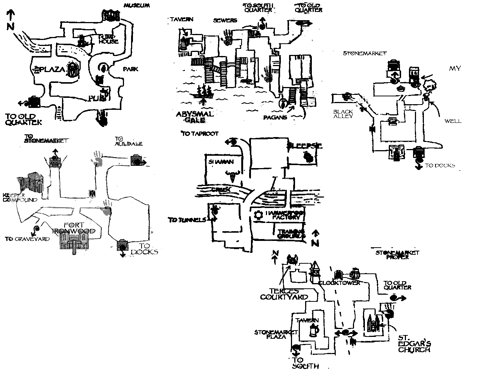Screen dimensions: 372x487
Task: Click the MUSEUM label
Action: click(x=137, y=6)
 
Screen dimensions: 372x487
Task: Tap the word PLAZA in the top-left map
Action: click(x=49, y=69)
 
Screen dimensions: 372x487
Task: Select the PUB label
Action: click(x=97, y=98)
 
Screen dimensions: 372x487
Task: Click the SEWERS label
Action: click(x=225, y=20)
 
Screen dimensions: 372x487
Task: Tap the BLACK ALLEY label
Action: click(x=343, y=114)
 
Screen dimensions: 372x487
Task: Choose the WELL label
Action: click(x=453, y=121)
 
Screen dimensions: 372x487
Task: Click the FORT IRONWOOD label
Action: click(x=75, y=228)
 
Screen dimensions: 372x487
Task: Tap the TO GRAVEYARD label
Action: click(x=27, y=239)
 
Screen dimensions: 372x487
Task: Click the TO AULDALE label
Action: click(x=129, y=141)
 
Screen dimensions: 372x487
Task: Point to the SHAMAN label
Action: click(x=222, y=162)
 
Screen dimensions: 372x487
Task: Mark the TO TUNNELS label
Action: click(x=187, y=220)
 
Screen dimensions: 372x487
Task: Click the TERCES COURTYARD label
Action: click(x=284, y=294)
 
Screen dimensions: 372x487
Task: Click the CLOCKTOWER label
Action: click(x=339, y=283)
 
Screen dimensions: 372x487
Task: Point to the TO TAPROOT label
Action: click(x=200, y=133)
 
